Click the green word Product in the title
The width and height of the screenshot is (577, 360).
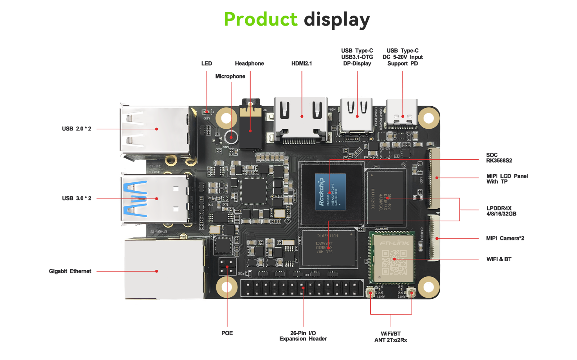[x=260, y=19]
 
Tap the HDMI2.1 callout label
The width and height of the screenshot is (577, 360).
[x=301, y=63]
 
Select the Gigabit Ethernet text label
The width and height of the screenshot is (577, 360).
[x=70, y=271]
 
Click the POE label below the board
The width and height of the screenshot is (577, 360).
[x=227, y=333]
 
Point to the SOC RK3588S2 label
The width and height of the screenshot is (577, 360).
[x=499, y=158]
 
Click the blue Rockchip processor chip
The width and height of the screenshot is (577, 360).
[x=330, y=192]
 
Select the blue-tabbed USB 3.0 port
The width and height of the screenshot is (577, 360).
[x=155, y=199]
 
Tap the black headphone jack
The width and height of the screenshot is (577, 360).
[x=250, y=128]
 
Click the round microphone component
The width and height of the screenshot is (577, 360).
[x=231, y=137]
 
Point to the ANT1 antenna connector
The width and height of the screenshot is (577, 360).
[x=370, y=293]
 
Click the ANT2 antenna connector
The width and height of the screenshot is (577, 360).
[x=411, y=293]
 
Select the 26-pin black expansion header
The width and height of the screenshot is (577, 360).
[x=302, y=288]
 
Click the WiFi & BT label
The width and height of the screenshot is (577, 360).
[x=499, y=259]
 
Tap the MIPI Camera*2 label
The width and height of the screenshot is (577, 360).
[x=505, y=238]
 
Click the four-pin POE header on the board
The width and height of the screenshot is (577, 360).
[x=227, y=267]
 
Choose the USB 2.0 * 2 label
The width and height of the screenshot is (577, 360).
[x=76, y=129]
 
